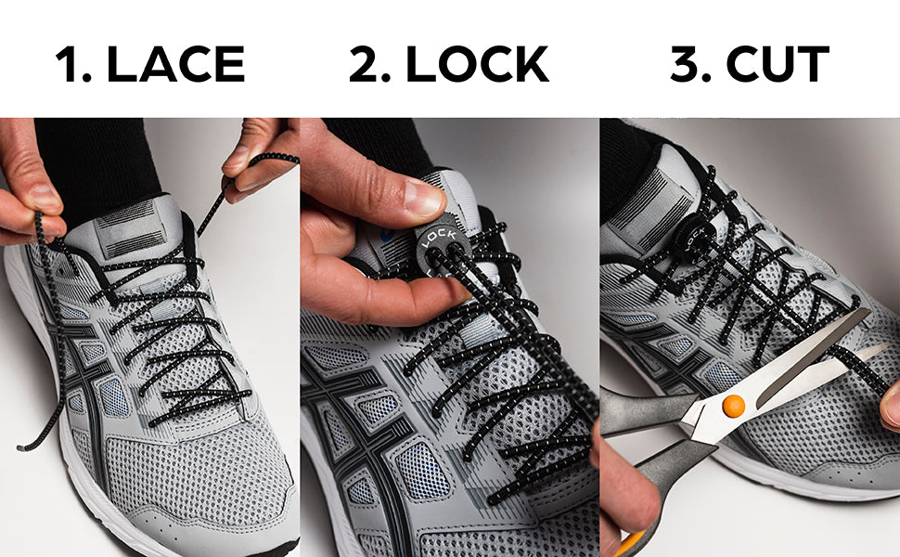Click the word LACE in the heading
point(175,64)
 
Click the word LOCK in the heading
point(477,64)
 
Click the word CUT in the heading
point(778,64)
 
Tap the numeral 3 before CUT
point(684,64)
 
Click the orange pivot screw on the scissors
point(734,406)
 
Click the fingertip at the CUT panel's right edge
point(892,406)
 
